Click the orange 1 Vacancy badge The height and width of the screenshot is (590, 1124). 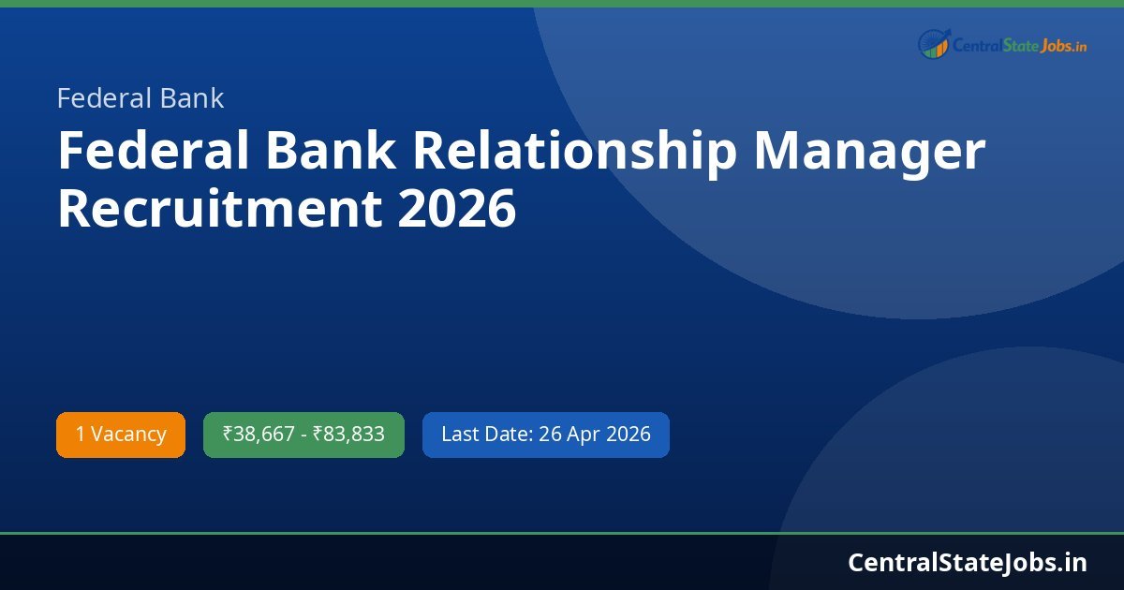121,435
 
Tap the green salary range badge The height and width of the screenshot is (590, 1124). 303,435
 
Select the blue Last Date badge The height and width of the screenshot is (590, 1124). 545,435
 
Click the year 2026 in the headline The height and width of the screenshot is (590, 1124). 456,209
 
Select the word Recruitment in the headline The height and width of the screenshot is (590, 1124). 219,209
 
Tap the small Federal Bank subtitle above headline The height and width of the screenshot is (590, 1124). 140,98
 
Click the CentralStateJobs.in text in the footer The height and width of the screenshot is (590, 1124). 968,562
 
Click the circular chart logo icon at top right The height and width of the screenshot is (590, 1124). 934,43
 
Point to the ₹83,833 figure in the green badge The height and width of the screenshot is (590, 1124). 348,435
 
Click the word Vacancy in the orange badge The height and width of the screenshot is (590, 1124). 128,435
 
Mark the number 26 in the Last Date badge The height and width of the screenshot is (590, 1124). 550,435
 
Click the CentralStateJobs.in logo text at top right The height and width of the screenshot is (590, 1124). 1019,44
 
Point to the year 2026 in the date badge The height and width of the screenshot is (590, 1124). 628,435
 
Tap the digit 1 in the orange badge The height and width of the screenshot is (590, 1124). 81,435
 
